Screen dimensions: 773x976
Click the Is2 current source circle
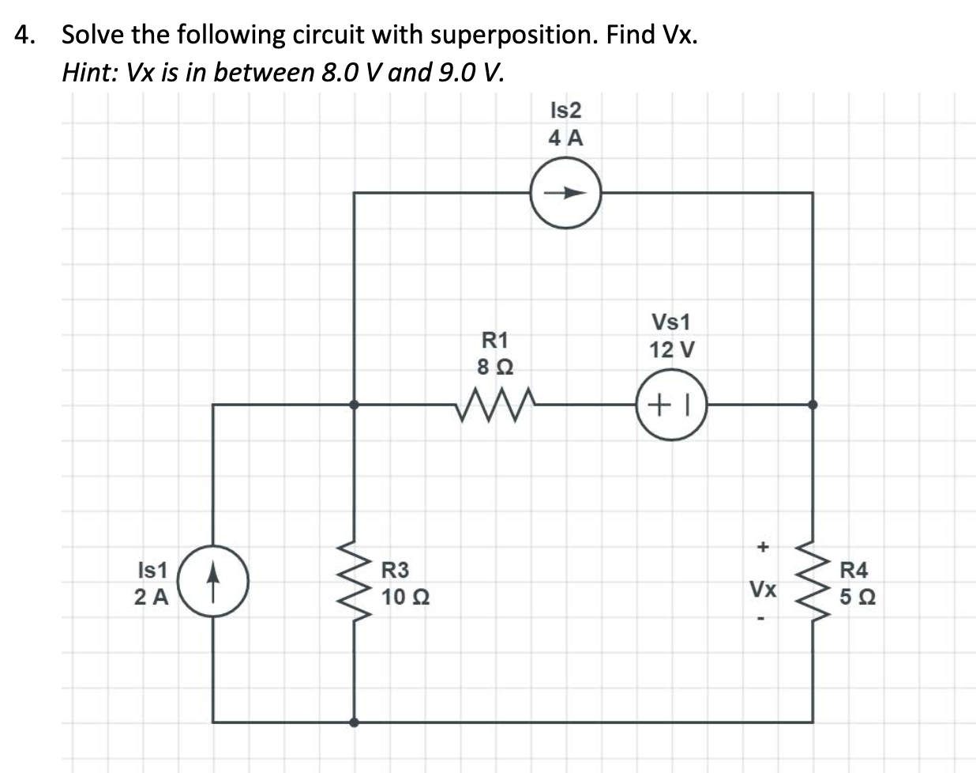(x=565, y=192)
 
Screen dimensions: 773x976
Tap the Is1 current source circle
(x=213, y=581)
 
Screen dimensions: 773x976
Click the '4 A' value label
(x=565, y=138)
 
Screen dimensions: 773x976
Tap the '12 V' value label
(x=671, y=349)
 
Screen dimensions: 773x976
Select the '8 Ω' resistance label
(x=495, y=367)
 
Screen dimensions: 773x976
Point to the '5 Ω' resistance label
(x=857, y=598)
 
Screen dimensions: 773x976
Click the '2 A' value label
(x=151, y=598)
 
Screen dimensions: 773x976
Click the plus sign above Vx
(x=762, y=546)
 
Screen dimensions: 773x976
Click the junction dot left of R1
(x=355, y=404)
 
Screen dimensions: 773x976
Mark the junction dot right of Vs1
(x=813, y=404)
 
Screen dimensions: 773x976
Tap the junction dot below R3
(x=355, y=722)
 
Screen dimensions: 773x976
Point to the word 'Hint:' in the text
(x=88, y=73)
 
